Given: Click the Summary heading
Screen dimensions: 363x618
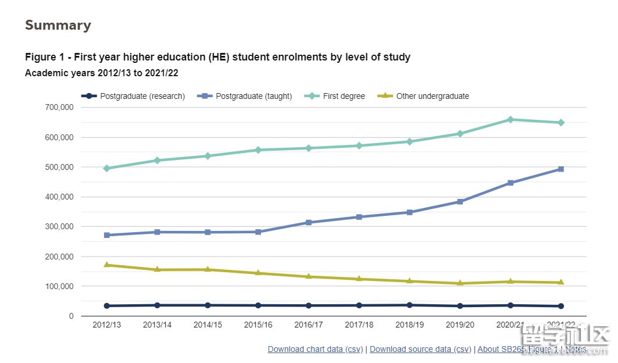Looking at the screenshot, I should point(58,26).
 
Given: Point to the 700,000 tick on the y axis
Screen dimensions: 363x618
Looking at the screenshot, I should point(59,108).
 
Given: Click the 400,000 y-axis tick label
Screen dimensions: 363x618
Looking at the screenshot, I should point(59,197).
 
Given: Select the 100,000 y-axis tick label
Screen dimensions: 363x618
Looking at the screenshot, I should point(59,286).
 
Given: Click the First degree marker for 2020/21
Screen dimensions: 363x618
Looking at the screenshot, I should point(510,120).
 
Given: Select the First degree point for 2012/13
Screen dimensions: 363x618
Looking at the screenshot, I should point(107,168).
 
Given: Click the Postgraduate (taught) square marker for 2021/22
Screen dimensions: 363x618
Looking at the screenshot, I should point(561,169).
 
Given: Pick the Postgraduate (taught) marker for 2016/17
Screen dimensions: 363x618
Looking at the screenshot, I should point(309,223).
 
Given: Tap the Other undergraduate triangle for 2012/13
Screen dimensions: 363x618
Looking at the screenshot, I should point(107,265).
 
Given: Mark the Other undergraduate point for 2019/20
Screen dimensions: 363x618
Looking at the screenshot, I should point(460,283).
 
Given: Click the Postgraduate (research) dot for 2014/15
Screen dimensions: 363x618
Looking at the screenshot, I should point(208,305).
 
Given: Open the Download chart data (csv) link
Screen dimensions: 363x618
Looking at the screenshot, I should point(315,350).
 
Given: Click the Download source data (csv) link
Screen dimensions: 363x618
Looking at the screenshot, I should point(420,350).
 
